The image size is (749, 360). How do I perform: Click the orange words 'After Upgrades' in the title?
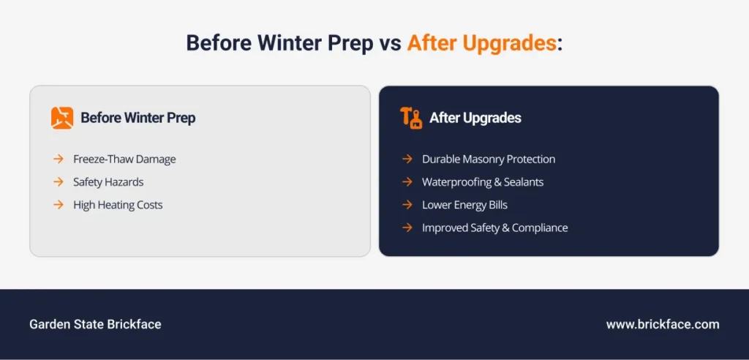[481, 43]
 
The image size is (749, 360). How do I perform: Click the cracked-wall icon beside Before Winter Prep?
[62, 118]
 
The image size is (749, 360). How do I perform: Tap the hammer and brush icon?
[411, 118]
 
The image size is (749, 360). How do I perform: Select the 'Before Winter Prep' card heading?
[138, 118]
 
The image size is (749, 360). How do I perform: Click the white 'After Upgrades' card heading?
[475, 118]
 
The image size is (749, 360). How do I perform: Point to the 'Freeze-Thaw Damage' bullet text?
[124, 160]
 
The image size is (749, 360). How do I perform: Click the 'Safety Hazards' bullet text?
[108, 182]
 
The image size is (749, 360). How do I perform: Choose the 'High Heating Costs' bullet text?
[118, 205]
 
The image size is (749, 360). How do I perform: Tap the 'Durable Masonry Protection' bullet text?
[489, 160]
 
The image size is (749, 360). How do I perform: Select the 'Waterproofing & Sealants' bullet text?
[483, 182]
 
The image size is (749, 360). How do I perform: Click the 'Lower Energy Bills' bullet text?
[464, 205]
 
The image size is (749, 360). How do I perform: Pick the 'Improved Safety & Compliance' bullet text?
[495, 228]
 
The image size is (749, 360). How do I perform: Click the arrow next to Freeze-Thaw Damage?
[59, 159]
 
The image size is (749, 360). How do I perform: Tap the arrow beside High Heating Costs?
[59, 205]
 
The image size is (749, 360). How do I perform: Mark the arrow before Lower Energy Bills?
[407, 205]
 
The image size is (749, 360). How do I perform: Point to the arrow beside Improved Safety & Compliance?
[407, 228]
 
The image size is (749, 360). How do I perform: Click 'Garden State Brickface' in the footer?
[96, 324]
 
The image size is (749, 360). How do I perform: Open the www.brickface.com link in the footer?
[663, 325]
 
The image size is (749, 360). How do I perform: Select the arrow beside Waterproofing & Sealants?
[407, 181]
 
